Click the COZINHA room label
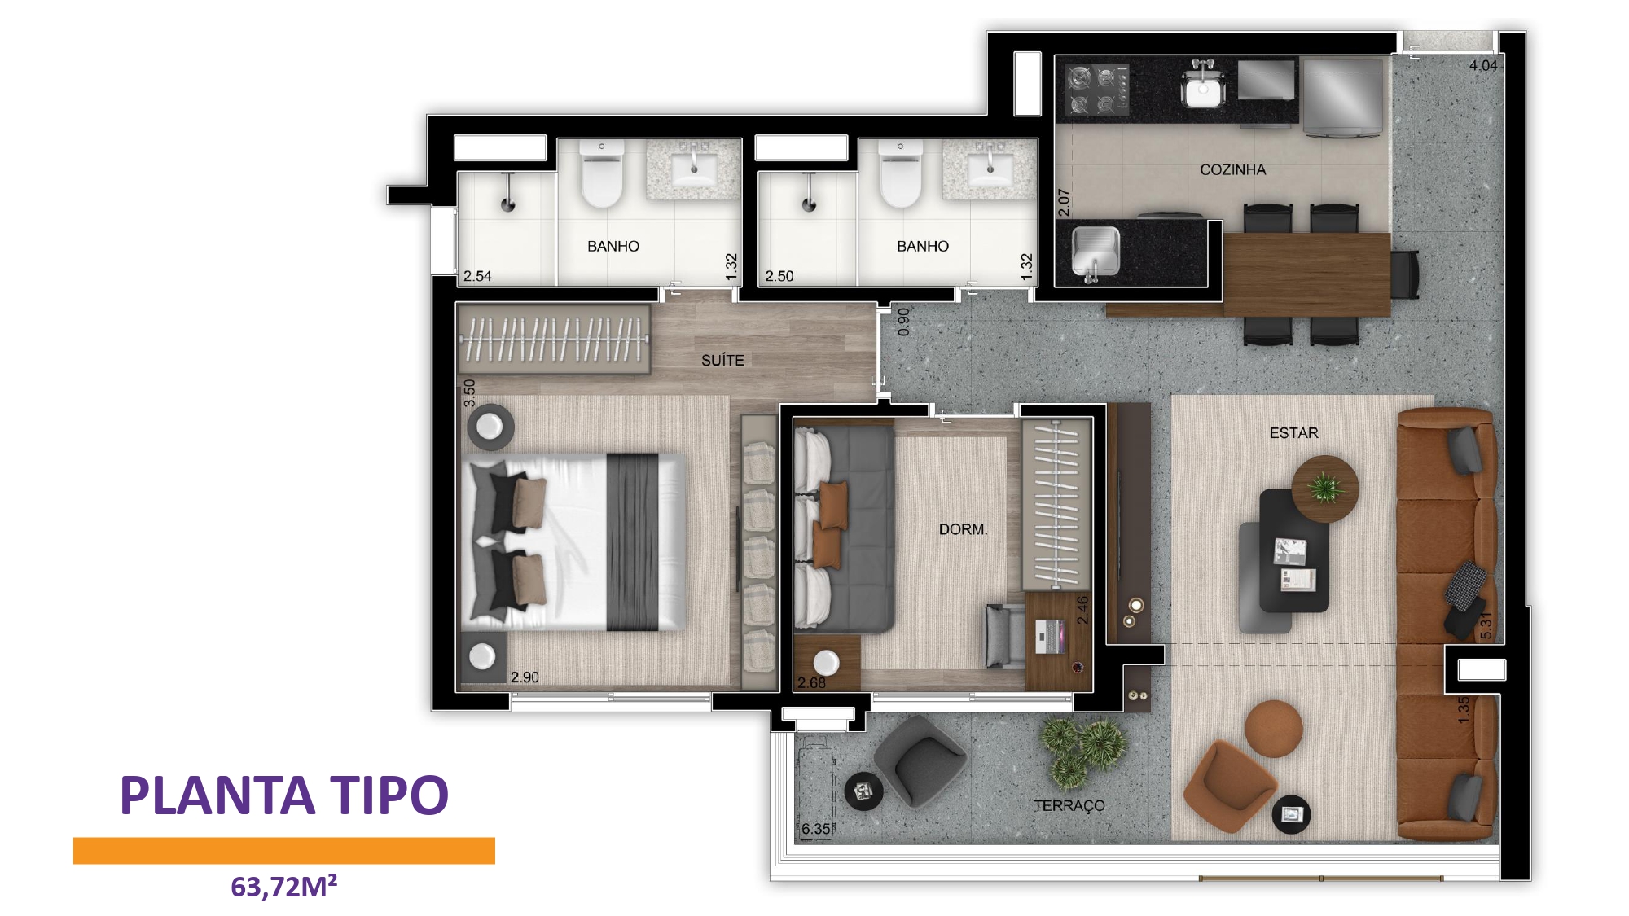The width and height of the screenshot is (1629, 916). [1232, 169]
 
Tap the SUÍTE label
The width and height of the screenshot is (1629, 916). [722, 360]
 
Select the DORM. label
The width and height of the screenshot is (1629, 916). [963, 529]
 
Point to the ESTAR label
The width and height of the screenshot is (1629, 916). [1293, 433]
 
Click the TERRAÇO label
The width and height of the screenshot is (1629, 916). [1069, 805]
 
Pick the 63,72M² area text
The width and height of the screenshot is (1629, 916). [283, 886]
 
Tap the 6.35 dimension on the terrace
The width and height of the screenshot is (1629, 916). [815, 829]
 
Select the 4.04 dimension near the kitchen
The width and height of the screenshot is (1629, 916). [1483, 65]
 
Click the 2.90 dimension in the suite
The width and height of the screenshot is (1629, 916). [525, 677]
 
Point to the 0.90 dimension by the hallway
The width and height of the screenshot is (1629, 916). [902, 322]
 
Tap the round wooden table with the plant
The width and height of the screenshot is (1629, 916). [1325, 489]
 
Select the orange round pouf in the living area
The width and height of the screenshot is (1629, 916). [1274, 729]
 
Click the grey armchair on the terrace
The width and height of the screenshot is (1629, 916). [920, 760]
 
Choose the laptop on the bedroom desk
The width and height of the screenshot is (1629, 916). [1050, 636]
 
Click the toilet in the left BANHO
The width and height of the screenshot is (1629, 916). [601, 173]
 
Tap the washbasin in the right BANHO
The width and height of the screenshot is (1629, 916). [990, 170]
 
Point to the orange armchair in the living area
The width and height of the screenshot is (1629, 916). [1228, 786]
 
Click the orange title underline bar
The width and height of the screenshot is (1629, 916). [284, 850]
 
